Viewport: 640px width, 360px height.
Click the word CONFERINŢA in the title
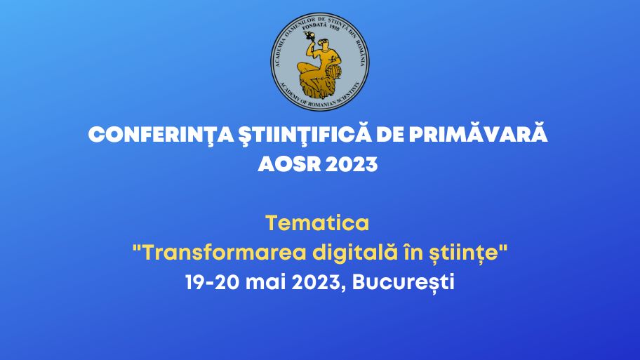pos(161,135)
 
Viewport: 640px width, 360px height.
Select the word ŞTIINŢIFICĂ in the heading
pos(305,134)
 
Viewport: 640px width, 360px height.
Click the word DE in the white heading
pos(390,135)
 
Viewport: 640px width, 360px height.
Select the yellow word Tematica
pos(317,223)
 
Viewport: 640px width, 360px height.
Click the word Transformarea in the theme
pos(225,253)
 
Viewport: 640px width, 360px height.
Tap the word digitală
pos(354,253)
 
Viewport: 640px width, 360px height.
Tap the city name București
pos(404,283)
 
